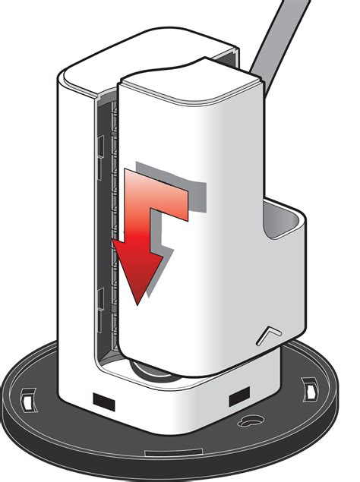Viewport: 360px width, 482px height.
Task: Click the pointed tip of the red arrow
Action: click(x=137, y=301)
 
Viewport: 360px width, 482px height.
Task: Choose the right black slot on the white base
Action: click(x=239, y=395)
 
